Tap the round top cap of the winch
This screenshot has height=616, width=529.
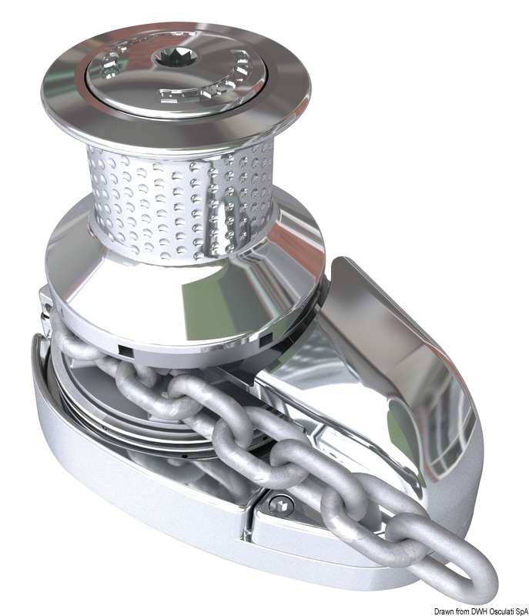pyautogui.click(x=131, y=77)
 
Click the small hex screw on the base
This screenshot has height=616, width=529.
pyautogui.click(x=283, y=505)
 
